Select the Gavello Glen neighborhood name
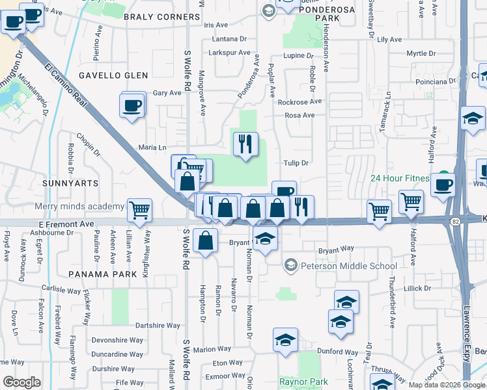(x=110, y=75)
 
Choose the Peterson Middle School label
(x=348, y=266)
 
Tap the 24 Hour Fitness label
(x=400, y=179)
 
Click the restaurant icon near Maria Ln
(x=245, y=144)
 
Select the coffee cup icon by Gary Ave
(x=132, y=105)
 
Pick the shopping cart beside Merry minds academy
(x=139, y=210)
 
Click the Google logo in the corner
(x=21, y=382)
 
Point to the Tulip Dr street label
(x=295, y=163)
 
